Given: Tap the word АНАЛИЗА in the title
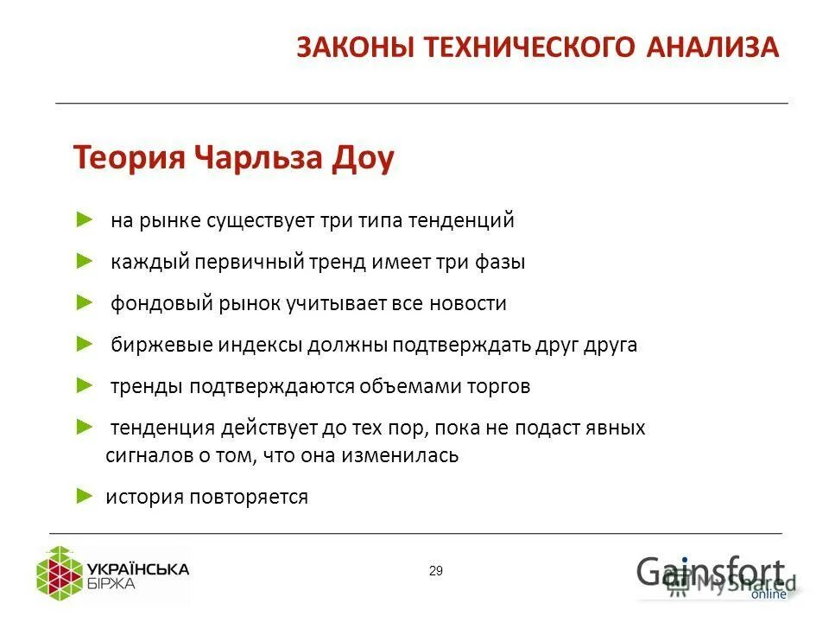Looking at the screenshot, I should tap(712, 48).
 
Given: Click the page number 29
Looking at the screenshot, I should tap(435, 570).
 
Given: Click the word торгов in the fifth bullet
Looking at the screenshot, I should tap(500, 386).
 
